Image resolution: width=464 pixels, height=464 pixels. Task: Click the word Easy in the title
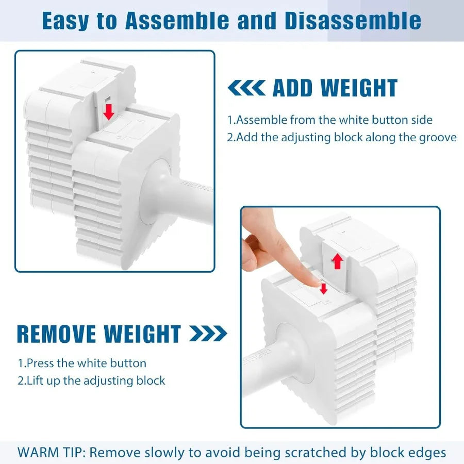65,21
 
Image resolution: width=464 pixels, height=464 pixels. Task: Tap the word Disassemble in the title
353,21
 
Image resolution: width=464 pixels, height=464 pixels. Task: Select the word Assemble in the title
177,21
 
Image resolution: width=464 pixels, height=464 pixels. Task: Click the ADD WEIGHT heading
335,88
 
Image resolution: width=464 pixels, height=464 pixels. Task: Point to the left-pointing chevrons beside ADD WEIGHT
246,88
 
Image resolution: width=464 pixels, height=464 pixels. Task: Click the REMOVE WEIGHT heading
99,334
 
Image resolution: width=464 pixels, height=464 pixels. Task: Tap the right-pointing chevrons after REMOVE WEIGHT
208,334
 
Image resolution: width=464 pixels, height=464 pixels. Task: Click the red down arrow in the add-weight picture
109,111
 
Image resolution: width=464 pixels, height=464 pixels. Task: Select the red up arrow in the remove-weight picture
337,261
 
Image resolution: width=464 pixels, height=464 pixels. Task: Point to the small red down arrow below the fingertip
324,289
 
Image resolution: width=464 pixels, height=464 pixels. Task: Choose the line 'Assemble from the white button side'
329,120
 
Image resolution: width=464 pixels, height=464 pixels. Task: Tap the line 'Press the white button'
82,363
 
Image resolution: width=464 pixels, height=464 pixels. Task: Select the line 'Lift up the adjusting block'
91,380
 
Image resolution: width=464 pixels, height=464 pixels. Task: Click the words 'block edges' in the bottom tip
408,453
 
